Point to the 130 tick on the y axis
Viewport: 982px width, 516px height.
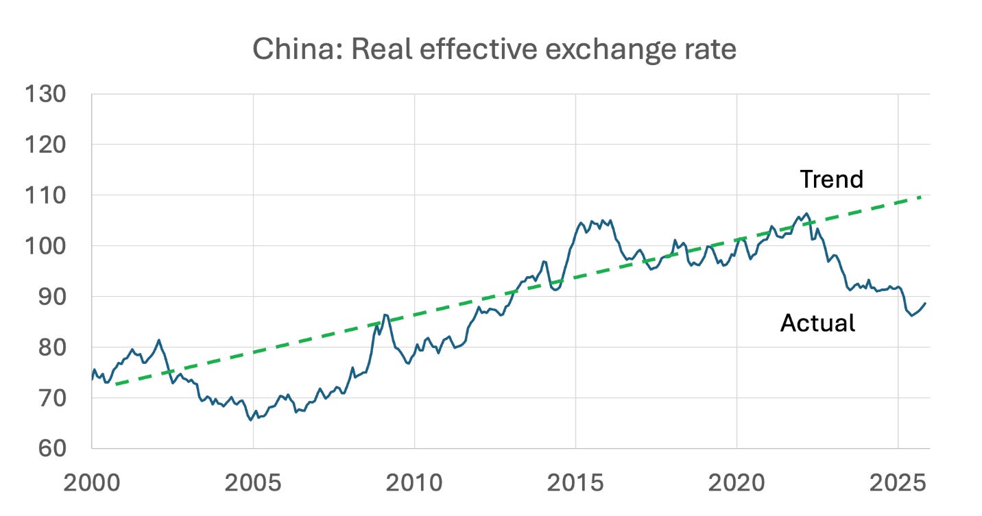[x=46, y=95]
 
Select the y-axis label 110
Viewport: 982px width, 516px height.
[x=46, y=195]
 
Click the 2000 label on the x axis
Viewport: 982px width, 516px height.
[x=92, y=483]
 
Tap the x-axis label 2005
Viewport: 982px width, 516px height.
[x=253, y=483]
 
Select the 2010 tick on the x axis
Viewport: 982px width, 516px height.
[x=414, y=483]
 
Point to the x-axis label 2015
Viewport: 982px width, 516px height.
[x=575, y=483]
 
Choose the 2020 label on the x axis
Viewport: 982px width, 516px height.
[x=736, y=483]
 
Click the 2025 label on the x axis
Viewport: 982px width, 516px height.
[x=898, y=483]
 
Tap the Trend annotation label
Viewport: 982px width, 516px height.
[x=831, y=180]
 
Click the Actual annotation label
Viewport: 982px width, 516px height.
[x=817, y=323]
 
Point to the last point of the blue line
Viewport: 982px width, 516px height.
[x=926, y=303]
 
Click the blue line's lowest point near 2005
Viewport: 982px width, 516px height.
[x=250, y=420]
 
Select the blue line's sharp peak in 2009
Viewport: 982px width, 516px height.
[x=385, y=315]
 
